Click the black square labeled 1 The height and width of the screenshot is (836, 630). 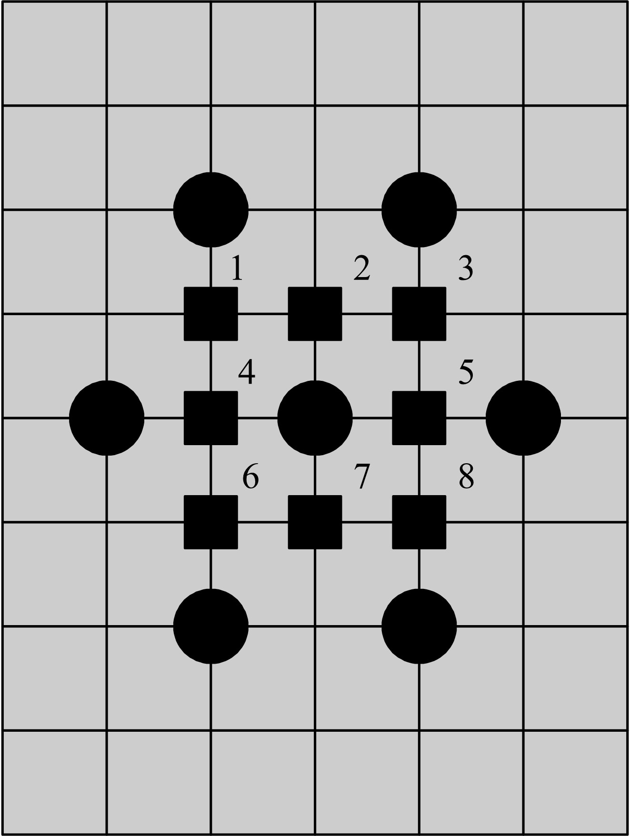point(210,314)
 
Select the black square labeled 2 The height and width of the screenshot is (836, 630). point(315,314)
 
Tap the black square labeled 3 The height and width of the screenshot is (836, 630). point(419,314)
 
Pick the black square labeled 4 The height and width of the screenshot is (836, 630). point(210,418)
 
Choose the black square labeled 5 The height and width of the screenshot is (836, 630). point(419,418)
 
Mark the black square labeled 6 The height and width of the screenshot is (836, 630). point(210,522)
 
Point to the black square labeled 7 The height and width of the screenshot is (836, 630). point(315,522)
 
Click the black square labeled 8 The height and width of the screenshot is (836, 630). point(419,522)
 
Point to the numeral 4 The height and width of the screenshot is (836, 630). point(247,372)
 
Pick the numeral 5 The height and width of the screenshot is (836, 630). point(466,372)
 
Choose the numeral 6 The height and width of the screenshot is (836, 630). point(250,477)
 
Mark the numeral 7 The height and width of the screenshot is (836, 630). point(361,477)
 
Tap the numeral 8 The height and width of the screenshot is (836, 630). point(466,477)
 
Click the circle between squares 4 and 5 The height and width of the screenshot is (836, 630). point(315,418)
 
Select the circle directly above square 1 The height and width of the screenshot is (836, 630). point(210,209)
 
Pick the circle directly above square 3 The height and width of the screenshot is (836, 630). point(419,209)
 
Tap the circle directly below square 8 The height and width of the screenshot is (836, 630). point(419,626)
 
